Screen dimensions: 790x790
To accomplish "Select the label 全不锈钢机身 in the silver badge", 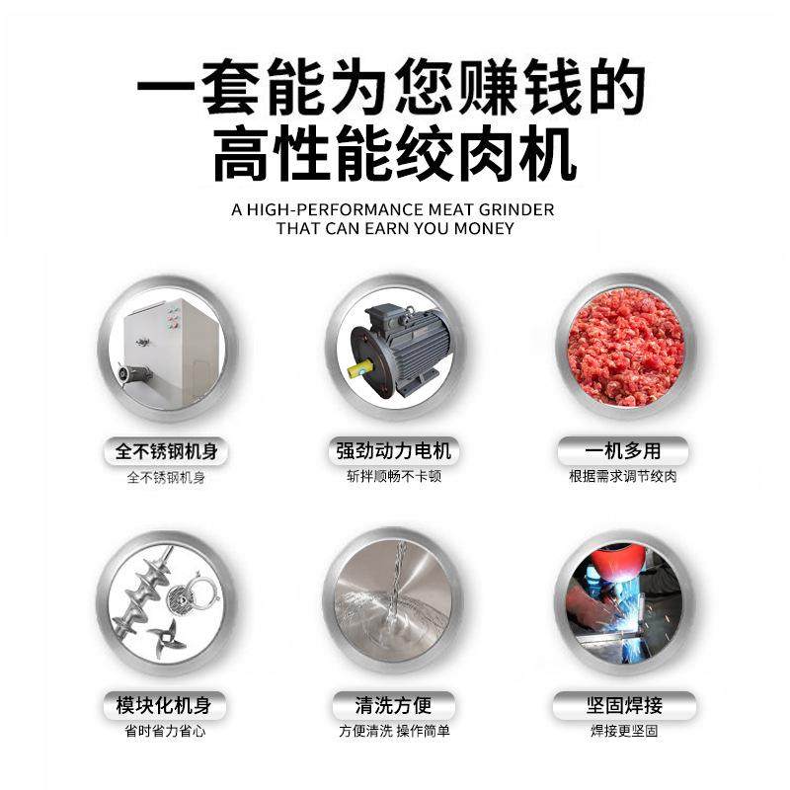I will click(x=166, y=452).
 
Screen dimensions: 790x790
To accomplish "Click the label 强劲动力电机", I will click(x=393, y=452).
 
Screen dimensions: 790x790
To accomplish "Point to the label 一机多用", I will click(x=622, y=452).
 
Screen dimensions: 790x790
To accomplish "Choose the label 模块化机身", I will click(x=166, y=706).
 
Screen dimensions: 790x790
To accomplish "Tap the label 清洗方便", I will click(x=393, y=706).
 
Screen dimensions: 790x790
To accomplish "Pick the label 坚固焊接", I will click(x=622, y=706).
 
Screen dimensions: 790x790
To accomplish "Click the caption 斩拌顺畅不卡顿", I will click(x=393, y=476).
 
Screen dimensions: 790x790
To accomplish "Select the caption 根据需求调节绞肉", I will click(x=622, y=476).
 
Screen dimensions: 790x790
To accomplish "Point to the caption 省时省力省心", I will click(x=166, y=732).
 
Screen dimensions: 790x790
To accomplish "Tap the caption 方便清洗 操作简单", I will click(x=393, y=732).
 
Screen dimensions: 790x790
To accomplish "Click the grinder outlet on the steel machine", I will click(x=134, y=374).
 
